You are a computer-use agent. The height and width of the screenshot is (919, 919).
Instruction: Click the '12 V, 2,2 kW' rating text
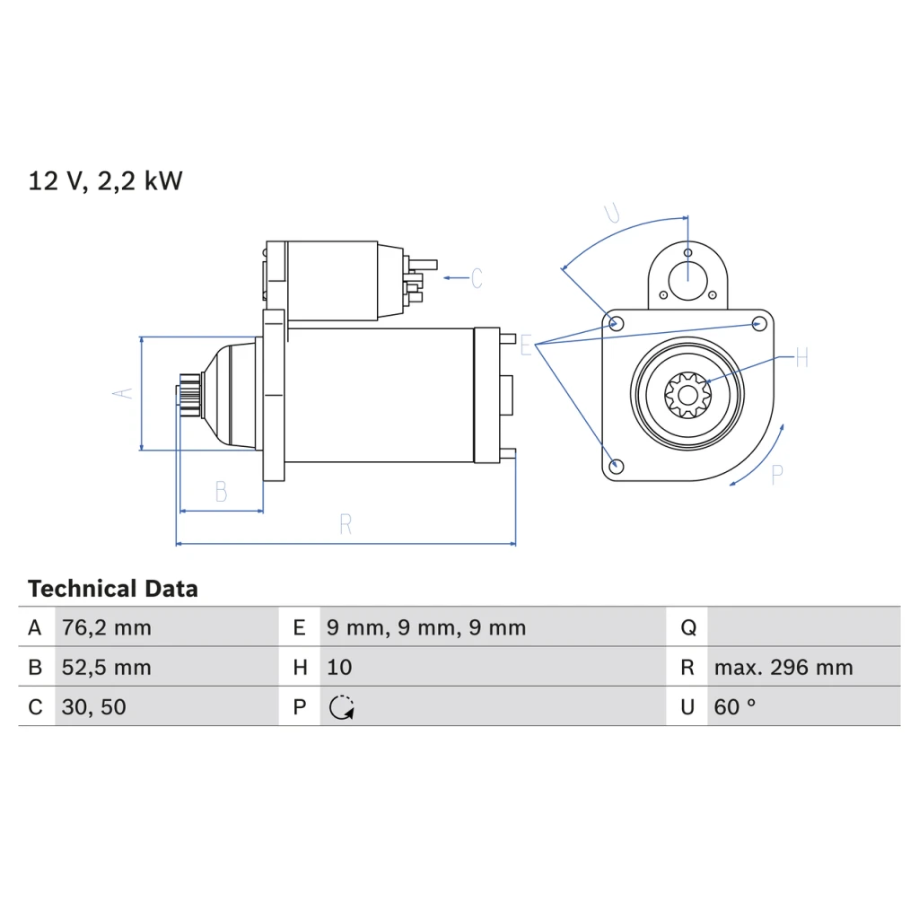click(106, 180)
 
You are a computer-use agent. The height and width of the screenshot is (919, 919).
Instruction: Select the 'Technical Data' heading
click(112, 589)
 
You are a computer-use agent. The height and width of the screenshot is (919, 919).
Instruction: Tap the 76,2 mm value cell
click(107, 627)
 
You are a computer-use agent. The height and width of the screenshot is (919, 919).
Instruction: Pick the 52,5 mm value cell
click(107, 668)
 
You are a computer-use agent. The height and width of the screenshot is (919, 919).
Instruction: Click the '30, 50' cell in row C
click(93, 707)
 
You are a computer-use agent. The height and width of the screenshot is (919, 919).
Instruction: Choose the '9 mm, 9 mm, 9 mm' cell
click(426, 627)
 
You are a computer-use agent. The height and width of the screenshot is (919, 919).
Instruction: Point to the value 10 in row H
click(339, 668)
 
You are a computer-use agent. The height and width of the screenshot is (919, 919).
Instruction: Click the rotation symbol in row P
click(342, 707)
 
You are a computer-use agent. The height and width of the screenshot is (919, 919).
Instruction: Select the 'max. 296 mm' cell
click(783, 668)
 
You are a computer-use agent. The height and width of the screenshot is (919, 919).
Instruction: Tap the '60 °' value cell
click(735, 707)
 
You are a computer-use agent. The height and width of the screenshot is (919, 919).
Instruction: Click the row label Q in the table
click(688, 627)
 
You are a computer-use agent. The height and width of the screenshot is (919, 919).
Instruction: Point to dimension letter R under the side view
click(346, 524)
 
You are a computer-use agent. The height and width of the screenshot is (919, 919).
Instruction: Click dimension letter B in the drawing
click(221, 491)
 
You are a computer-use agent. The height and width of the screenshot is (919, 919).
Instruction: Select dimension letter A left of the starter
click(122, 393)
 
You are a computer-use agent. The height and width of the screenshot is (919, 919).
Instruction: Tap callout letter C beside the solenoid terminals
click(477, 278)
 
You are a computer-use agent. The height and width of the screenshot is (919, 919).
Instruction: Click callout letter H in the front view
click(802, 357)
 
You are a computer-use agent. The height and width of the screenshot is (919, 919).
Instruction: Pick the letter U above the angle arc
click(612, 213)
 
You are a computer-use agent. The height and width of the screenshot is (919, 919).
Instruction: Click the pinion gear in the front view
click(687, 395)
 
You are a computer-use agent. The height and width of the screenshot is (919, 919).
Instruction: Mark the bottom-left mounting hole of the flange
click(616, 467)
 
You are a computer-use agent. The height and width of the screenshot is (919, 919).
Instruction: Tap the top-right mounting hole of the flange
click(759, 323)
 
